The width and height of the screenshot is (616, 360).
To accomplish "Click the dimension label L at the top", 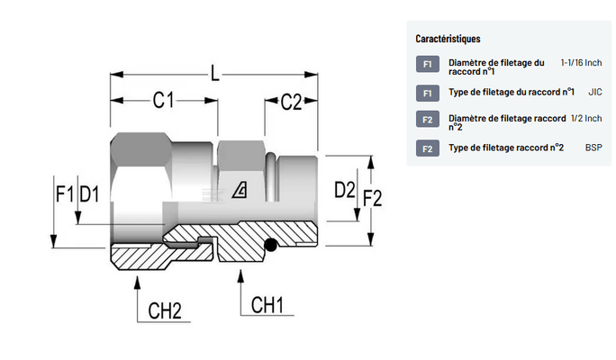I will (214, 72).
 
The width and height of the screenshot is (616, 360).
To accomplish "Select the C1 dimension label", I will (162, 102).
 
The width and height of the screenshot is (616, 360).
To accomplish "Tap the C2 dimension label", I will (290, 102).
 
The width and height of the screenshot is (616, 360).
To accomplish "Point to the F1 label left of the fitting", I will (64, 193).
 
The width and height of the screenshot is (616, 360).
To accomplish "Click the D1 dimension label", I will (88, 193).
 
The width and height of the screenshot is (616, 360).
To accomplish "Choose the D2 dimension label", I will (343, 190).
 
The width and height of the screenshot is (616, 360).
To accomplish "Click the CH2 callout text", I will (165, 311).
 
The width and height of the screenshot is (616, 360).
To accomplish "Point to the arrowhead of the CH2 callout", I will (136, 281).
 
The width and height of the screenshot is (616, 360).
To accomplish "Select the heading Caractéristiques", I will (447, 39).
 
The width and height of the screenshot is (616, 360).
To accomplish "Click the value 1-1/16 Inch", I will (581, 63).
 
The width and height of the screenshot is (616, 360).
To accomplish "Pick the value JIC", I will (594, 92).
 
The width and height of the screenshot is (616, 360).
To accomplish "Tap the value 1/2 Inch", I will (586, 118).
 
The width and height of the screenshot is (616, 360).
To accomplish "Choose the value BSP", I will (593, 147).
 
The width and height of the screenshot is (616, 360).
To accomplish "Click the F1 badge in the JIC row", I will (427, 93).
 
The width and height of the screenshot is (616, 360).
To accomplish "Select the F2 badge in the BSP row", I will (427, 148).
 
